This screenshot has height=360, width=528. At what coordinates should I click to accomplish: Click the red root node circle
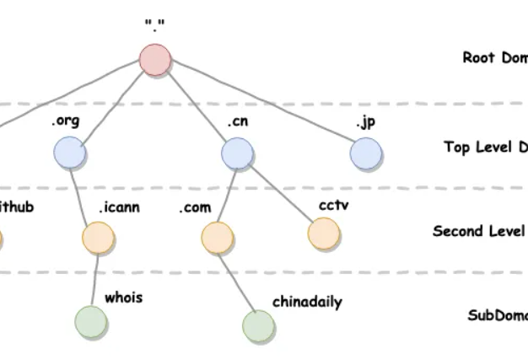pos(156,61)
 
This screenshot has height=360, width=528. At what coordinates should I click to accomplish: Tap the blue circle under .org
pos(69,153)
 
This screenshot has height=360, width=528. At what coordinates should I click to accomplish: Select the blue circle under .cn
pos(238,153)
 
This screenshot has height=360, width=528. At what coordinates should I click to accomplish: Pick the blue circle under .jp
pos(366,153)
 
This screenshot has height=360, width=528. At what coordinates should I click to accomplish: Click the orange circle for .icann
pos(99,238)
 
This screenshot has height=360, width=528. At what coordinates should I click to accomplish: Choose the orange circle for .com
pos(217,238)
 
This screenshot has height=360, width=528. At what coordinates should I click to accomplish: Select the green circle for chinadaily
pos(258,325)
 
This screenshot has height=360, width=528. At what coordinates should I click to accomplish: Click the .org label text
pos(65,121)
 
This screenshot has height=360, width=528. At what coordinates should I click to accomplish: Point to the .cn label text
pos(237,121)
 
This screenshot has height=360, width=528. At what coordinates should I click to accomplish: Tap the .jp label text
pos(365,122)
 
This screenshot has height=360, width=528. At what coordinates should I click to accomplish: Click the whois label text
pos(123,298)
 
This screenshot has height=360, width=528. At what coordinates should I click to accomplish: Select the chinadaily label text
pos(307,301)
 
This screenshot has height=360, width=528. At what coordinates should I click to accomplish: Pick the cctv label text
pos(334,205)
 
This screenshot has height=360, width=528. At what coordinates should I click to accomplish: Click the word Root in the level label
pos(478,57)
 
